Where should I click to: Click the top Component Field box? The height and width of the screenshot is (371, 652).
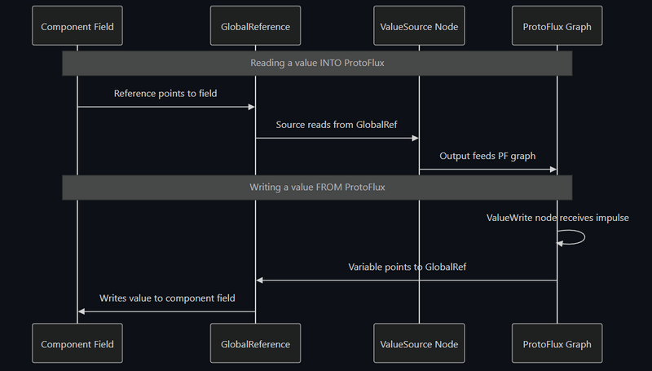77,26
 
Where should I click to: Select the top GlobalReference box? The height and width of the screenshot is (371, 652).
255,26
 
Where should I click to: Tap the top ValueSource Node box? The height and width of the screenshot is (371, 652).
419,26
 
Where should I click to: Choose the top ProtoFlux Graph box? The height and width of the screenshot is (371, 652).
557,26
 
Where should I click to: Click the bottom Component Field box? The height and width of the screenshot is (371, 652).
77,343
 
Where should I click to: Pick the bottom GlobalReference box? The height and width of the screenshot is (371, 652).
255,343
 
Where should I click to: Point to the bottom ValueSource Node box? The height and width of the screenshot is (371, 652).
419,343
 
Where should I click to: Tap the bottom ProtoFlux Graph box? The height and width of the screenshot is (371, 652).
557,343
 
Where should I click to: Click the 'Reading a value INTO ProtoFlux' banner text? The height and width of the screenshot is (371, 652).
317,63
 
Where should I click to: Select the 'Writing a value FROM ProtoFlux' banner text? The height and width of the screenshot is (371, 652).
317,187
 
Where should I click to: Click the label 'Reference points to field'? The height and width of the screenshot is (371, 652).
165,94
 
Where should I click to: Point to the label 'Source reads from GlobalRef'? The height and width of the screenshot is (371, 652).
336,125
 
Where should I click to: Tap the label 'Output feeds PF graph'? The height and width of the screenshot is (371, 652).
487,156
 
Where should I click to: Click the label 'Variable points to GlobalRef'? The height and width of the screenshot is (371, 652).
407,267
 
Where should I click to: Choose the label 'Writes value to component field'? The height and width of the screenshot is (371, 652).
167,298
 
